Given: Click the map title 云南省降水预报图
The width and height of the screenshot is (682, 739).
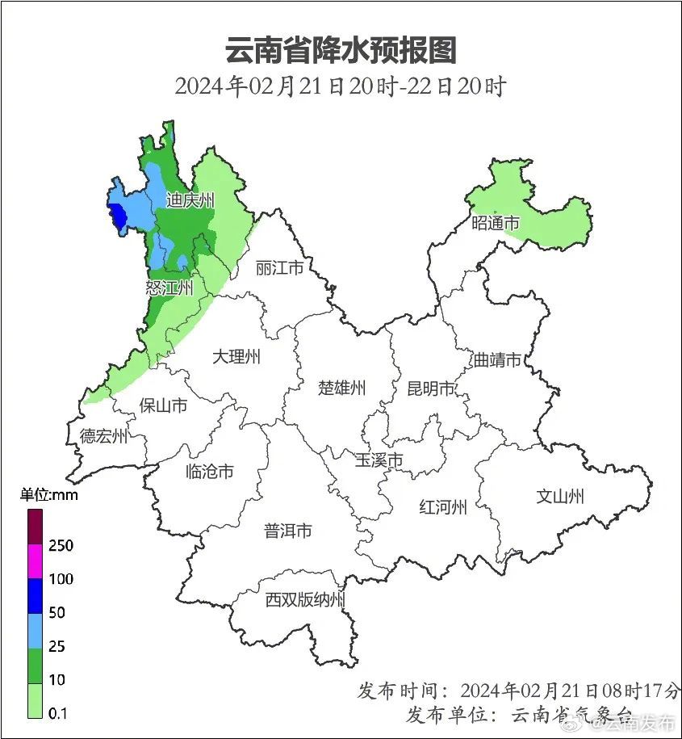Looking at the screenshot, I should pos(341,50).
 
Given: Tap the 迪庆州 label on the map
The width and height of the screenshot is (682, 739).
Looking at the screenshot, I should pos(190,200).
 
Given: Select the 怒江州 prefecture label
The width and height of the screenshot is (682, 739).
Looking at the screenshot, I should pos(169,288).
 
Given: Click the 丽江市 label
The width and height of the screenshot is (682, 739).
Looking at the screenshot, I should pos(278,267).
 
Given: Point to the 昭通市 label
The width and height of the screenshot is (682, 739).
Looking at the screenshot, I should pos(495,223).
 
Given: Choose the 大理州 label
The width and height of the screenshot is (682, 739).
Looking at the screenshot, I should pos(236,356).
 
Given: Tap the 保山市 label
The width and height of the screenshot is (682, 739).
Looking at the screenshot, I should pos(163,405).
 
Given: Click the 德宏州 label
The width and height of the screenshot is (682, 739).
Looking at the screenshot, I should pos(103,436).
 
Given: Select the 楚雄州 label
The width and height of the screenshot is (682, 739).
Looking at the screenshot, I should pos(341,388).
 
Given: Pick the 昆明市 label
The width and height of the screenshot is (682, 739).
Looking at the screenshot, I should pos(431,389).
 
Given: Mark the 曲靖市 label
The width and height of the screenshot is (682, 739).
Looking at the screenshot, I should pos(497,360).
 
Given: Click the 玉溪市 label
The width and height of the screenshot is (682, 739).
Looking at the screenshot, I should pos(379,460).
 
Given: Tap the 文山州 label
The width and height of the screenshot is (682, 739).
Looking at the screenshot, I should pos(560,496).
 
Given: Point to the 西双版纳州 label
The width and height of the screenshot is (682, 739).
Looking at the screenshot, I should pos(305,600).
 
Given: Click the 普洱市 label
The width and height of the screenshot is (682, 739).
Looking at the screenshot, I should pos(288,531).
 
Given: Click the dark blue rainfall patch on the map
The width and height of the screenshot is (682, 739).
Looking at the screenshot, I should pos(117,216).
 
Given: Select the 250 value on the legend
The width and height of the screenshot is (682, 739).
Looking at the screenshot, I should pos(61,545).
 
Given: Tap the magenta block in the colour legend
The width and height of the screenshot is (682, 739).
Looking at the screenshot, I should pos(34,561).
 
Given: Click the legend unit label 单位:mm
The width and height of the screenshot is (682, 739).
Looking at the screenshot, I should pos(49,495).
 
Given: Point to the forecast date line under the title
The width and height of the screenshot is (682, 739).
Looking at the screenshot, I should pos(340,86).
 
